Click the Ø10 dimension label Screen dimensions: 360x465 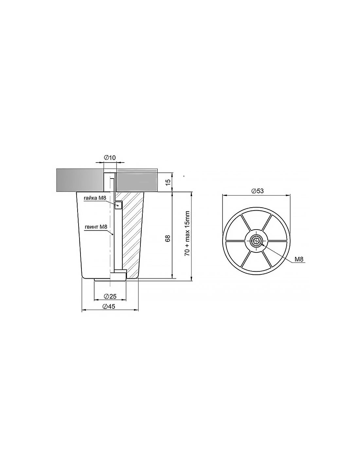pos(110,158)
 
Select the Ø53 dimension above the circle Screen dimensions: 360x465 pos(258,191)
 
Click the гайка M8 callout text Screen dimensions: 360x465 pos(95,198)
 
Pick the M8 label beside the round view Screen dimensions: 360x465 pos(299,259)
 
